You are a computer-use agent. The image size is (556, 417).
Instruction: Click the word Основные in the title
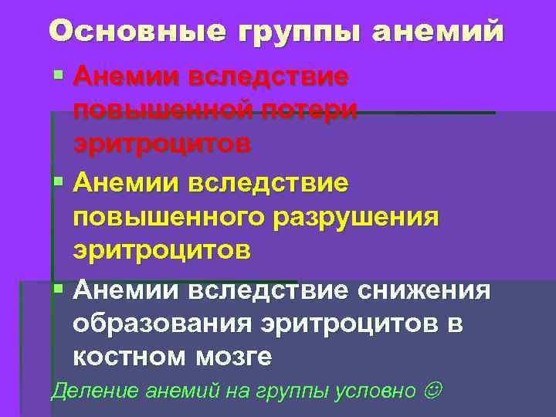tap(135, 31)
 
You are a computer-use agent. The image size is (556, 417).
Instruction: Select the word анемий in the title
tap(438, 31)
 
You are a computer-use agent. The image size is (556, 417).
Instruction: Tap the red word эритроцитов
tap(162, 144)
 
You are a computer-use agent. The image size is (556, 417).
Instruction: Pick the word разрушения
tap(354, 217)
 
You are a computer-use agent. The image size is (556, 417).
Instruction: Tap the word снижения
tap(424, 290)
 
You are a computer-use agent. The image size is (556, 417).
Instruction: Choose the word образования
tap(161, 324)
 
